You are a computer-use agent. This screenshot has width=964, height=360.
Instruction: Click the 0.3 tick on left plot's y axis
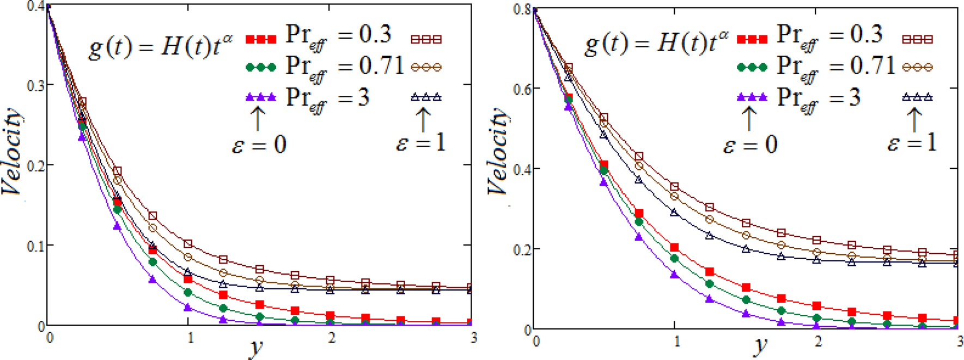click(37, 86)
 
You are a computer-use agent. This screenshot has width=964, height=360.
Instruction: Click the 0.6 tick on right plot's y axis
click(523, 88)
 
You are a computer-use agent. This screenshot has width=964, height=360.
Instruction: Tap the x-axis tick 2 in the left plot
click(331, 338)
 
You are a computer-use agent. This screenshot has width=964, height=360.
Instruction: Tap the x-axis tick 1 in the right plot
click(676, 341)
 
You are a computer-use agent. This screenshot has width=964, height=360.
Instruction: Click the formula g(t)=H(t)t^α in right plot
click(656, 44)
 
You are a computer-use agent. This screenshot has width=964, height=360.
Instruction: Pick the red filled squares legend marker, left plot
click(261, 39)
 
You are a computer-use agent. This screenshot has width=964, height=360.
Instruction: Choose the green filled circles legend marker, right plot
click(752, 68)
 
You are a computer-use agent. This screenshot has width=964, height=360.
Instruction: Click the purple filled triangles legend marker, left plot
click(261, 97)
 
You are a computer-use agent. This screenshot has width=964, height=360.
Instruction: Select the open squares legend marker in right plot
click(917, 39)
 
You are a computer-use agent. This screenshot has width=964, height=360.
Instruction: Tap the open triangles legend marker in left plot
click(426, 97)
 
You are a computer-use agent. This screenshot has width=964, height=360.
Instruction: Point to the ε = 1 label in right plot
click(912, 143)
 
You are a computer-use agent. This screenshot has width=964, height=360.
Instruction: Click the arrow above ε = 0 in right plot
click(749, 119)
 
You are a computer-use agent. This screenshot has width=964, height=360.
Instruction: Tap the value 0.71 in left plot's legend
click(381, 66)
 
